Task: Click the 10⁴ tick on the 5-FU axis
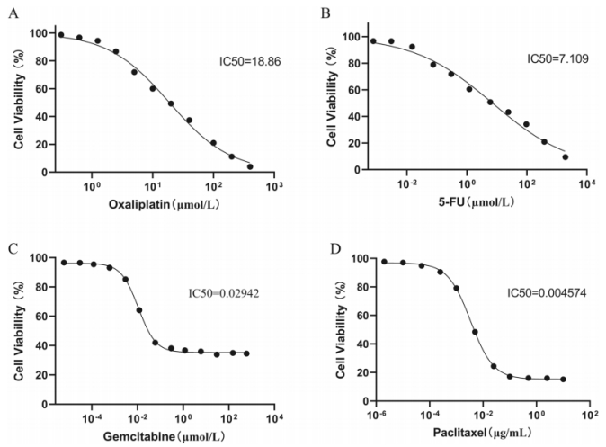coord(585,183)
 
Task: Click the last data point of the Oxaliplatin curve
coord(250,166)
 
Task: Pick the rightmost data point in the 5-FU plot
coord(566,156)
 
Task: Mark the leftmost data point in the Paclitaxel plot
coord(385,262)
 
